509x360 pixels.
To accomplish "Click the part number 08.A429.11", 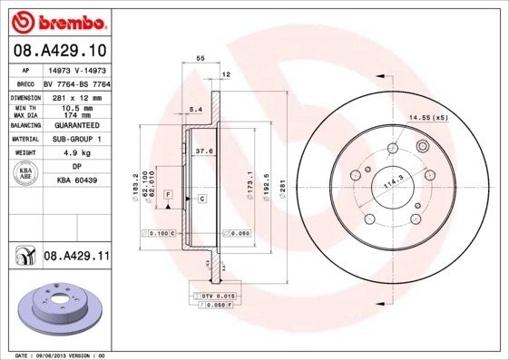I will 75,258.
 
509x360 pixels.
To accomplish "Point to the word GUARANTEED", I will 72,125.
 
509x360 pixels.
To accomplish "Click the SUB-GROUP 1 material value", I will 72,139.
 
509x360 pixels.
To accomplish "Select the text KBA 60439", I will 72,181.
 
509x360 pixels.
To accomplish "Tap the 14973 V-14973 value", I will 72,68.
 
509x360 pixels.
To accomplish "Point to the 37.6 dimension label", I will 204,152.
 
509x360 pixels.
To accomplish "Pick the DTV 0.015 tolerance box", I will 218,297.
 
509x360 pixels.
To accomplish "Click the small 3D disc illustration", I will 55,309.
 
